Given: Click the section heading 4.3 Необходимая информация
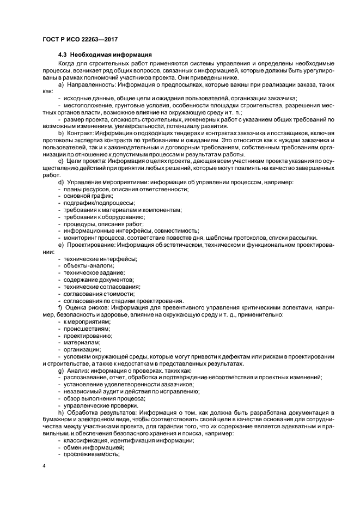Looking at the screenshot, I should tap(105, 56).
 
